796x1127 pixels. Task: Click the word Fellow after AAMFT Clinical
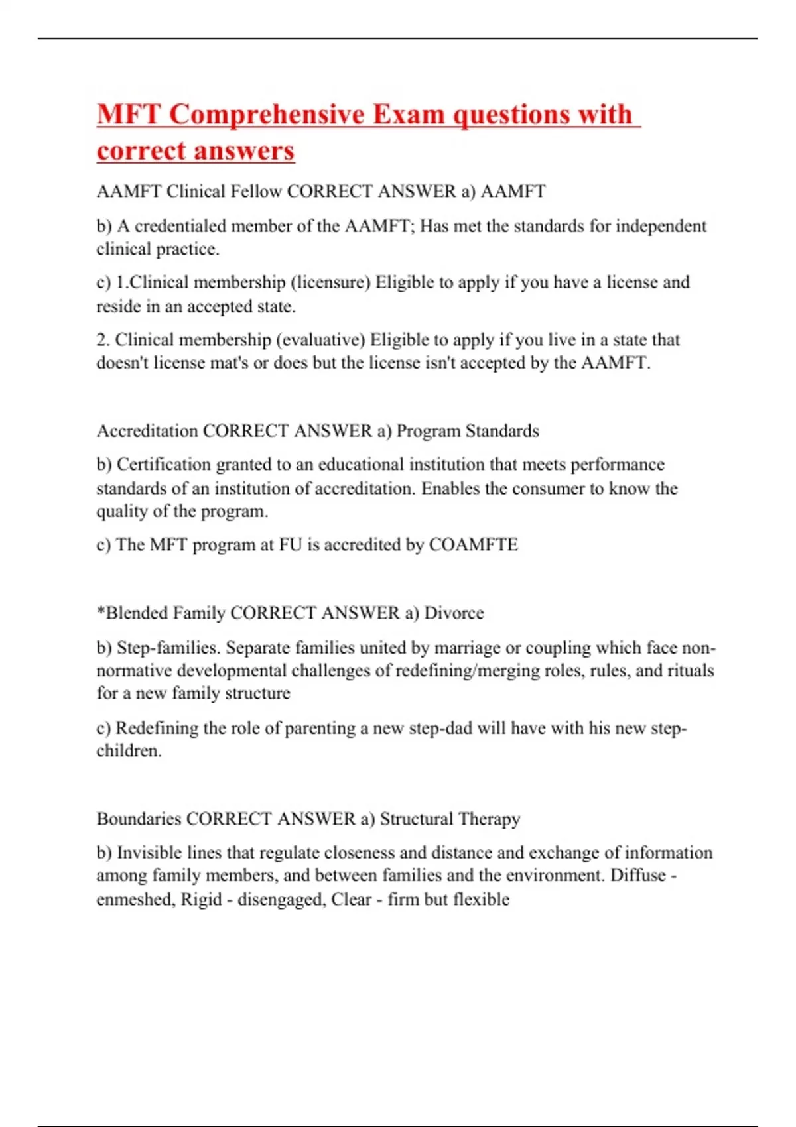click(x=255, y=192)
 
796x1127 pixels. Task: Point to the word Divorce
click(x=454, y=613)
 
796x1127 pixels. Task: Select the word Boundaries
click(x=139, y=819)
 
